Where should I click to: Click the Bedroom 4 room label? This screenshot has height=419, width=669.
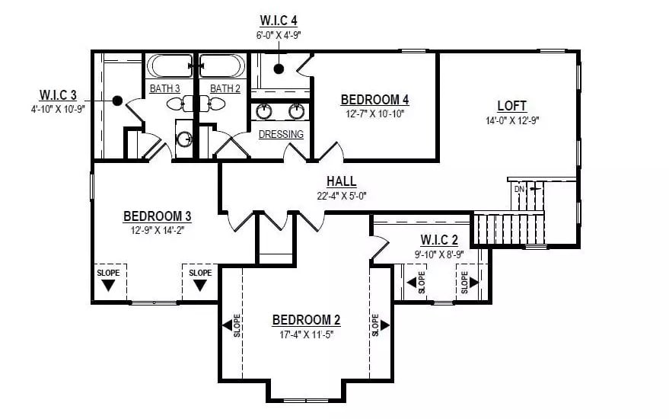(x=374, y=100)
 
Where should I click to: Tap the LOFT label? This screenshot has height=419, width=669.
(x=511, y=106)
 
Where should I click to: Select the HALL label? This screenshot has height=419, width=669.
(x=341, y=181)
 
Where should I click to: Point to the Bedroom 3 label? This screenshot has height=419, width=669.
(x=157, y=216)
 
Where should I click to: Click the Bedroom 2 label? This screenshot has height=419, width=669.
(x=305, y=319)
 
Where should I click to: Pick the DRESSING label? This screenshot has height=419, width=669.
(x=281, y=135)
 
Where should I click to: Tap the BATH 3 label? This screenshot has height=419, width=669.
(x=164, y=89)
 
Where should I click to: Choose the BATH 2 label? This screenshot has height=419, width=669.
(x=225, y=89)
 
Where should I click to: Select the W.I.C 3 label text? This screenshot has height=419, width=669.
(x=58, y=95)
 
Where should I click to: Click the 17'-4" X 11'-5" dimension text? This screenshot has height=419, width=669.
(x=305, y=334)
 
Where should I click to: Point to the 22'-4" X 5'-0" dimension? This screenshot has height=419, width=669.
(x=341, y=195)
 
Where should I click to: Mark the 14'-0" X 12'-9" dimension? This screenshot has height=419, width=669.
(x=511, y=120)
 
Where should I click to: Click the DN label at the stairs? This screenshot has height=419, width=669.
(x=519, y=188)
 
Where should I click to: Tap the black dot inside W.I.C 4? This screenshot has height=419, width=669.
(x=279, y=69)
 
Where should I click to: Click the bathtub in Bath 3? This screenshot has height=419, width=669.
(x=170, y=66)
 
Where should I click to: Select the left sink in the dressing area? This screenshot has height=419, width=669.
(x=264, y=111)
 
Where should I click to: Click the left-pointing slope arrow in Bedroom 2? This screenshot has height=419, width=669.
(x=227, y=326)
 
